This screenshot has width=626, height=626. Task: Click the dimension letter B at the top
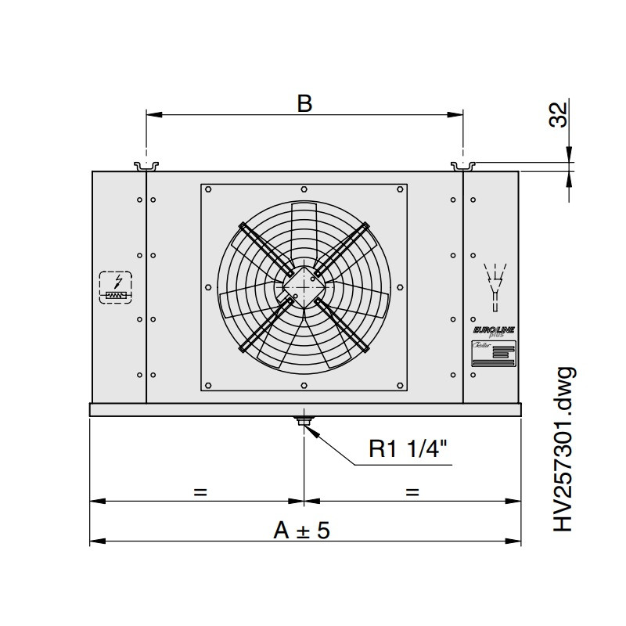(304, 103)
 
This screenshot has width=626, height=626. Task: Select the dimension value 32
(557, 116)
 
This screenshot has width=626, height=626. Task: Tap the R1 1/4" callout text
(408, 449)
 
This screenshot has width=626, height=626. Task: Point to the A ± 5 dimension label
(302, 530)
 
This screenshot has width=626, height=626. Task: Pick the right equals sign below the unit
(412, 492)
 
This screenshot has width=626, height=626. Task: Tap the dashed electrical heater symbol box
(116, 287)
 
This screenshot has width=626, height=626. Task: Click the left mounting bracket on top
(146, 166)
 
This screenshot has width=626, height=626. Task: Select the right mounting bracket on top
(463, 166)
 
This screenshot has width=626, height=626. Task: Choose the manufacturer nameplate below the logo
(491, 354)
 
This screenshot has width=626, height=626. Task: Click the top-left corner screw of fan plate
(208, 189)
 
